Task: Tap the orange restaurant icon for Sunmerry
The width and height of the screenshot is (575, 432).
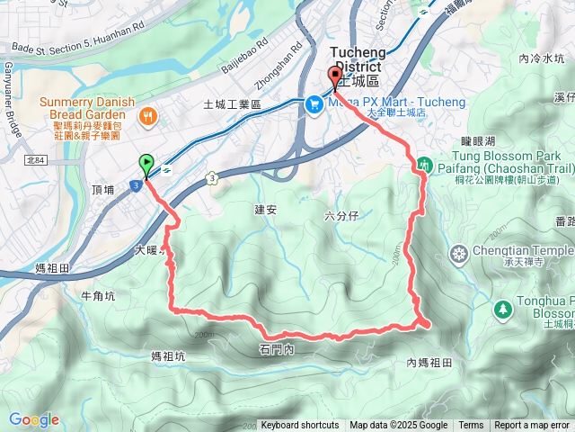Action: (149, 116)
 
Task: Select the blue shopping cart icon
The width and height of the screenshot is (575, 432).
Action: (314, 104)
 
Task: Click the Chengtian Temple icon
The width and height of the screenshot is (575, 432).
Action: (459, 252)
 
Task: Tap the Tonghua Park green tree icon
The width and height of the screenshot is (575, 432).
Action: (503, 309)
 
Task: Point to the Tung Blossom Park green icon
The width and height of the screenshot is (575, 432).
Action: (422, 166)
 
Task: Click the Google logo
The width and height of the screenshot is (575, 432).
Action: (33, 419)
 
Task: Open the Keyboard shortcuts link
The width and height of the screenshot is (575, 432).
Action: (300, 426)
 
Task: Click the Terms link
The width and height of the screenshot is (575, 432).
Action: (471, 426)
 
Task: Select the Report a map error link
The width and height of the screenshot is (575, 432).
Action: (533, 426)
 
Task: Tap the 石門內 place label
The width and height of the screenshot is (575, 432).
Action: (276, 347)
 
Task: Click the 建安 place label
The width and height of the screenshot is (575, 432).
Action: (267, 209)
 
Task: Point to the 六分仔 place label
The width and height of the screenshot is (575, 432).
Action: (341, 216)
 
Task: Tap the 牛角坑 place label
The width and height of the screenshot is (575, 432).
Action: (98, 295)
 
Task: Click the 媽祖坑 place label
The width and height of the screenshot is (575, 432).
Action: (168, 356)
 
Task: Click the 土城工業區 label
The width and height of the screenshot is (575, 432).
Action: (232, 105)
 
